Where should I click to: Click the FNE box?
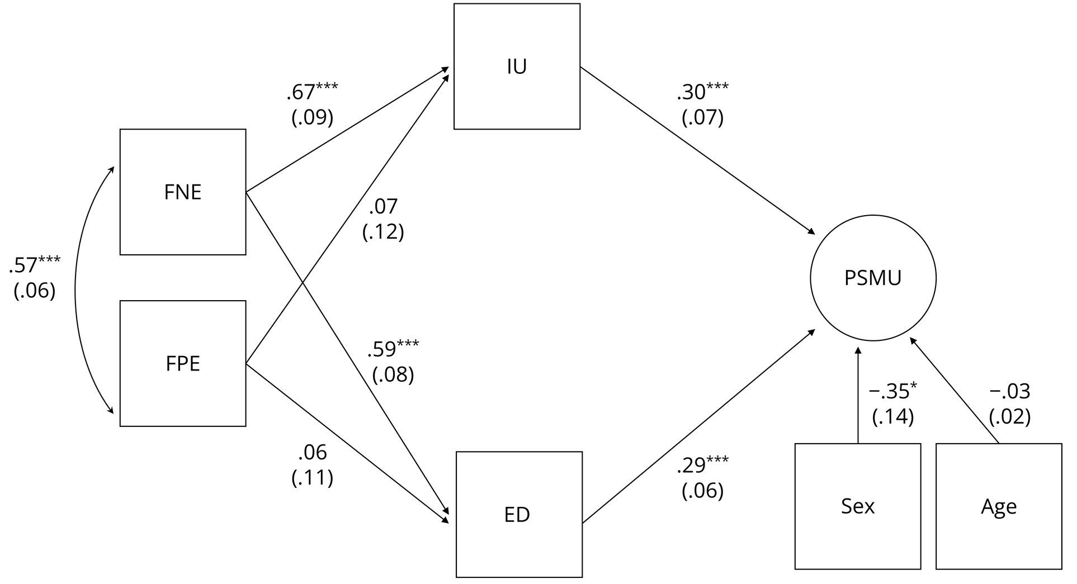coord(183,192)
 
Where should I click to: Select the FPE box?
coord(183,363)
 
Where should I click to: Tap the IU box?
coord(517,67)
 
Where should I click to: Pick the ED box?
coord(519,514)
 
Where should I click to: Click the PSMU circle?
coord(873,278)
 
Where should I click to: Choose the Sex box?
coord(858,506)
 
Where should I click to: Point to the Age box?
coord(999,506)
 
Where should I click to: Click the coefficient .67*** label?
coord(312,92)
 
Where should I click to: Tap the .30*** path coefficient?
coord(702,92)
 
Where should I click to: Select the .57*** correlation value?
coord(34,265)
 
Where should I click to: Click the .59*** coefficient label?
coord(393,349)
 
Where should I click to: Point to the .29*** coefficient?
coord(702,465)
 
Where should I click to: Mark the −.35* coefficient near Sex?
coord(892,391)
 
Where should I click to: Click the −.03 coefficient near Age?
coord(1009,391)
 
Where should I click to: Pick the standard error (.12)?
coord(383,231)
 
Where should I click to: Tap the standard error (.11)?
coord(312,477)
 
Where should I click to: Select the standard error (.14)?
coord(892,417)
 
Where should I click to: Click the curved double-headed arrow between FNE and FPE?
coord(75,291)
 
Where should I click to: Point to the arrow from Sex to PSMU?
coord(858,397)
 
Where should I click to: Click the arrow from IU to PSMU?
coord(696,150)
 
